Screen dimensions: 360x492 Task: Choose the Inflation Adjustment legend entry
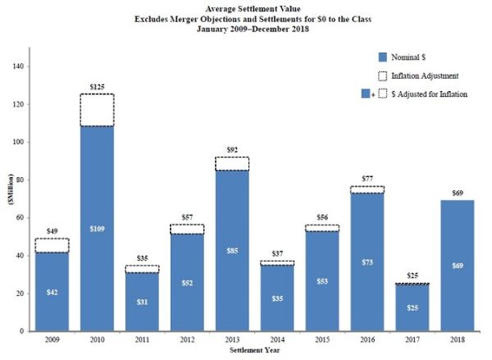425,75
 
